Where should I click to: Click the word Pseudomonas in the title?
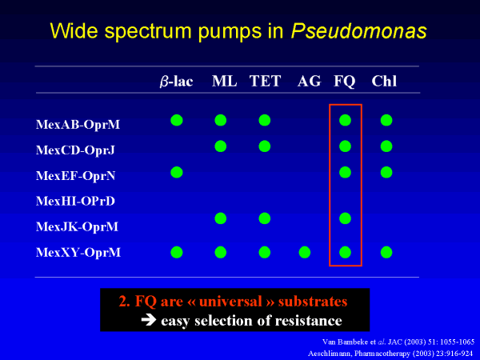pos(358,31)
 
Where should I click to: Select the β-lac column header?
pos(176,82)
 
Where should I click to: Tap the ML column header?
pos(224,81)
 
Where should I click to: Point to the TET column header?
pos(265,81)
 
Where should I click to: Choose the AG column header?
pos(309,81)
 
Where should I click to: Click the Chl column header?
pos(384,81)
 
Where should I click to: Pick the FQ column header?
pos(344,82)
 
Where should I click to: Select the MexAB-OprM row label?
pos(78,125)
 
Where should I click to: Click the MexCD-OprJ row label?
pos(75,150)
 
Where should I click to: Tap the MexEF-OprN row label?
pos(76,176)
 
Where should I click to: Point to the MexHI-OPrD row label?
pos(75,201)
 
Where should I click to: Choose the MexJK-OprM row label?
pos(77,227)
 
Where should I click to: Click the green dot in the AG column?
pos(305,253)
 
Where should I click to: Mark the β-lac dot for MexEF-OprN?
pos(177,172)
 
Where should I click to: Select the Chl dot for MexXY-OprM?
pos(386,253)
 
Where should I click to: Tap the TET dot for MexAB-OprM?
pos(265,120)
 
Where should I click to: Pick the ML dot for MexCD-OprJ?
pos(221,146)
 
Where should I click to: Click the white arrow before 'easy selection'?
pos(149,320)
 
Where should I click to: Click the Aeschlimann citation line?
pos(390,354)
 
